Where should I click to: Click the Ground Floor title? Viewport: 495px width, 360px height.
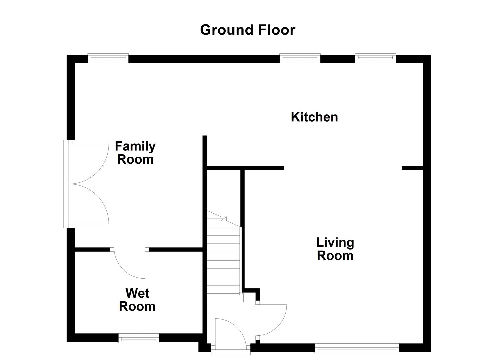point(247,30)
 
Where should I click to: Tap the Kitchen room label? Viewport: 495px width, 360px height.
point(314,117)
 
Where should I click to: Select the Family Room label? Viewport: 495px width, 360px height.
point(135,153)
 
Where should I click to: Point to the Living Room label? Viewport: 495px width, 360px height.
point(335,249)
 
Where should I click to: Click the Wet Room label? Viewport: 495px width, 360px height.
point(137,300)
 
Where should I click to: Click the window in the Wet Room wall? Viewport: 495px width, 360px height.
point(139,338)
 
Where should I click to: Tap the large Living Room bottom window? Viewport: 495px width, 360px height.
point(357,348)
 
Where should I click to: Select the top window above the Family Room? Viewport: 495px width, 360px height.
point(108,58)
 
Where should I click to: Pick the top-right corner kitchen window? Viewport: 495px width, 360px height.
point(375,58)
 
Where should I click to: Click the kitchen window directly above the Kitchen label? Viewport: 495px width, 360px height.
point(300,58)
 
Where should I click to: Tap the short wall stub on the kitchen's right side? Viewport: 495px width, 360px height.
point(412,168)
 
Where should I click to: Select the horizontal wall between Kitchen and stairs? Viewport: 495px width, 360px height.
point(245,168)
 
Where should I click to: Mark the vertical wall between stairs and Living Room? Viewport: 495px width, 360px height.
point(243,230)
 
